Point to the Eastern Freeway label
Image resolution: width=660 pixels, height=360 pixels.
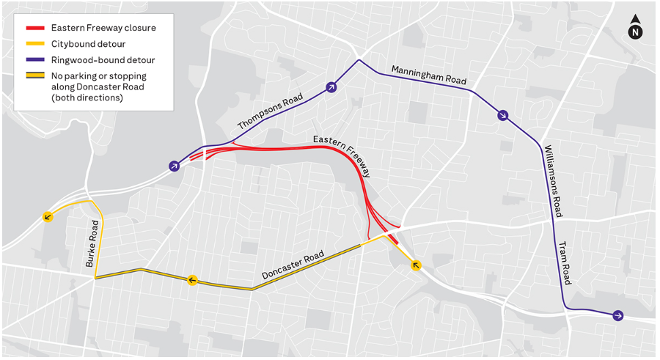point(342,155)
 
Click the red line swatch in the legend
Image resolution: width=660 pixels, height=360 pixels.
point(36,29)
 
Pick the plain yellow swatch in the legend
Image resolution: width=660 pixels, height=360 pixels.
point(36,44)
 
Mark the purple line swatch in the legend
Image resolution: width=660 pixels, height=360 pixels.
point(36,60)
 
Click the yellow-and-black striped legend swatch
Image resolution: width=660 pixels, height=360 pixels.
point(36,76)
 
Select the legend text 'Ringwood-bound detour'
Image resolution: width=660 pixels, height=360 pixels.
point(103,60)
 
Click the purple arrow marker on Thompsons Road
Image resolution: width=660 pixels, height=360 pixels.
point(331,87)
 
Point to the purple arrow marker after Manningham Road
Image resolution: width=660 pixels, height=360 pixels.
point(502,115)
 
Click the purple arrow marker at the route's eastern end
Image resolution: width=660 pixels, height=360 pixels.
point(618,315)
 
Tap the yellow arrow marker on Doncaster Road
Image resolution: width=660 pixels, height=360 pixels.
point(192,279)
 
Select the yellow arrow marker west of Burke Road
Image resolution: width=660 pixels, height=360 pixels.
point(48,216)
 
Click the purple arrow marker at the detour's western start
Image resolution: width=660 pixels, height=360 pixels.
point(173,166)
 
